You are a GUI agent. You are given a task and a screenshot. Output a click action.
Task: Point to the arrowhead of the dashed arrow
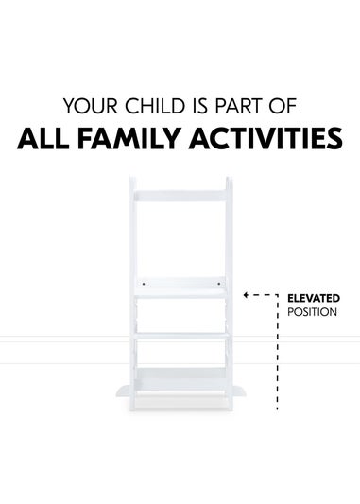(x=245, y=296)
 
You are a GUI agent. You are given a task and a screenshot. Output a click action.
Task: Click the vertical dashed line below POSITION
(x=278, y=369)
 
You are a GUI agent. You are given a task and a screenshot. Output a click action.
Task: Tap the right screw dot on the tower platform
(x=217, y=282)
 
